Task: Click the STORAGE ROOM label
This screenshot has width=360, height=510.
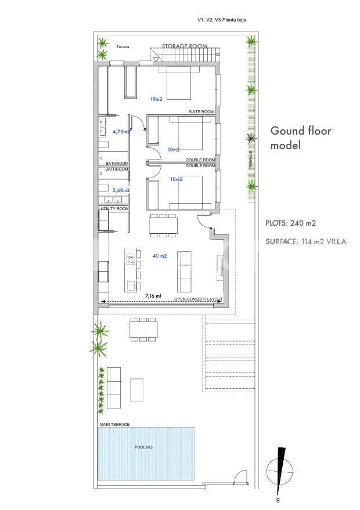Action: click(185, 46)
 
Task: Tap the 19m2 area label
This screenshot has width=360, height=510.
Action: click(156, 99)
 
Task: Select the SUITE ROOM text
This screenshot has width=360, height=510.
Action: click(201, 112)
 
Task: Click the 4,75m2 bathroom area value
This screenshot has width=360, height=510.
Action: click(121, 132)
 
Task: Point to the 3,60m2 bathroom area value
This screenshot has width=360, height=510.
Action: click(121, 190)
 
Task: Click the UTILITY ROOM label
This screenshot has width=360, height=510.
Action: click(114, 208)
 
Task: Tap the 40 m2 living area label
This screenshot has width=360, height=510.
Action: click(160, 256)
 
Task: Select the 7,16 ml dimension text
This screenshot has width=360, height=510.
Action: click(153, 296)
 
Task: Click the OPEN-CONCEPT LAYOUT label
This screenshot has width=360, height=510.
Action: click(199, 299)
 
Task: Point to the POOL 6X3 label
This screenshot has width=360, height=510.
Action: click(143, 447)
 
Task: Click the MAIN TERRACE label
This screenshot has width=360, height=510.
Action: click(114, 425)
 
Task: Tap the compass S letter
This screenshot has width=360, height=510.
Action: click(278, 501)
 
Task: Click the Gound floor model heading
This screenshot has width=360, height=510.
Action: click(301, 138)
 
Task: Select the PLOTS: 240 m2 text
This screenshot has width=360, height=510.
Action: click(291, 223)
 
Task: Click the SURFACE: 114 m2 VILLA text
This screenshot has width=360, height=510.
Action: click(306, 242)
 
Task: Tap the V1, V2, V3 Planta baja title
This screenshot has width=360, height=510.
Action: click(222, 20)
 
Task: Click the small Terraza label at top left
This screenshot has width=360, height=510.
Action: click(123, 47)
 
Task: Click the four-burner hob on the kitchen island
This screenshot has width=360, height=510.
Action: click(131, 259)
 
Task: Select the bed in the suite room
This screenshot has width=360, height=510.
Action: click(179, 83)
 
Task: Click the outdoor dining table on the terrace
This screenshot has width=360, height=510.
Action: click(143, 330)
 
